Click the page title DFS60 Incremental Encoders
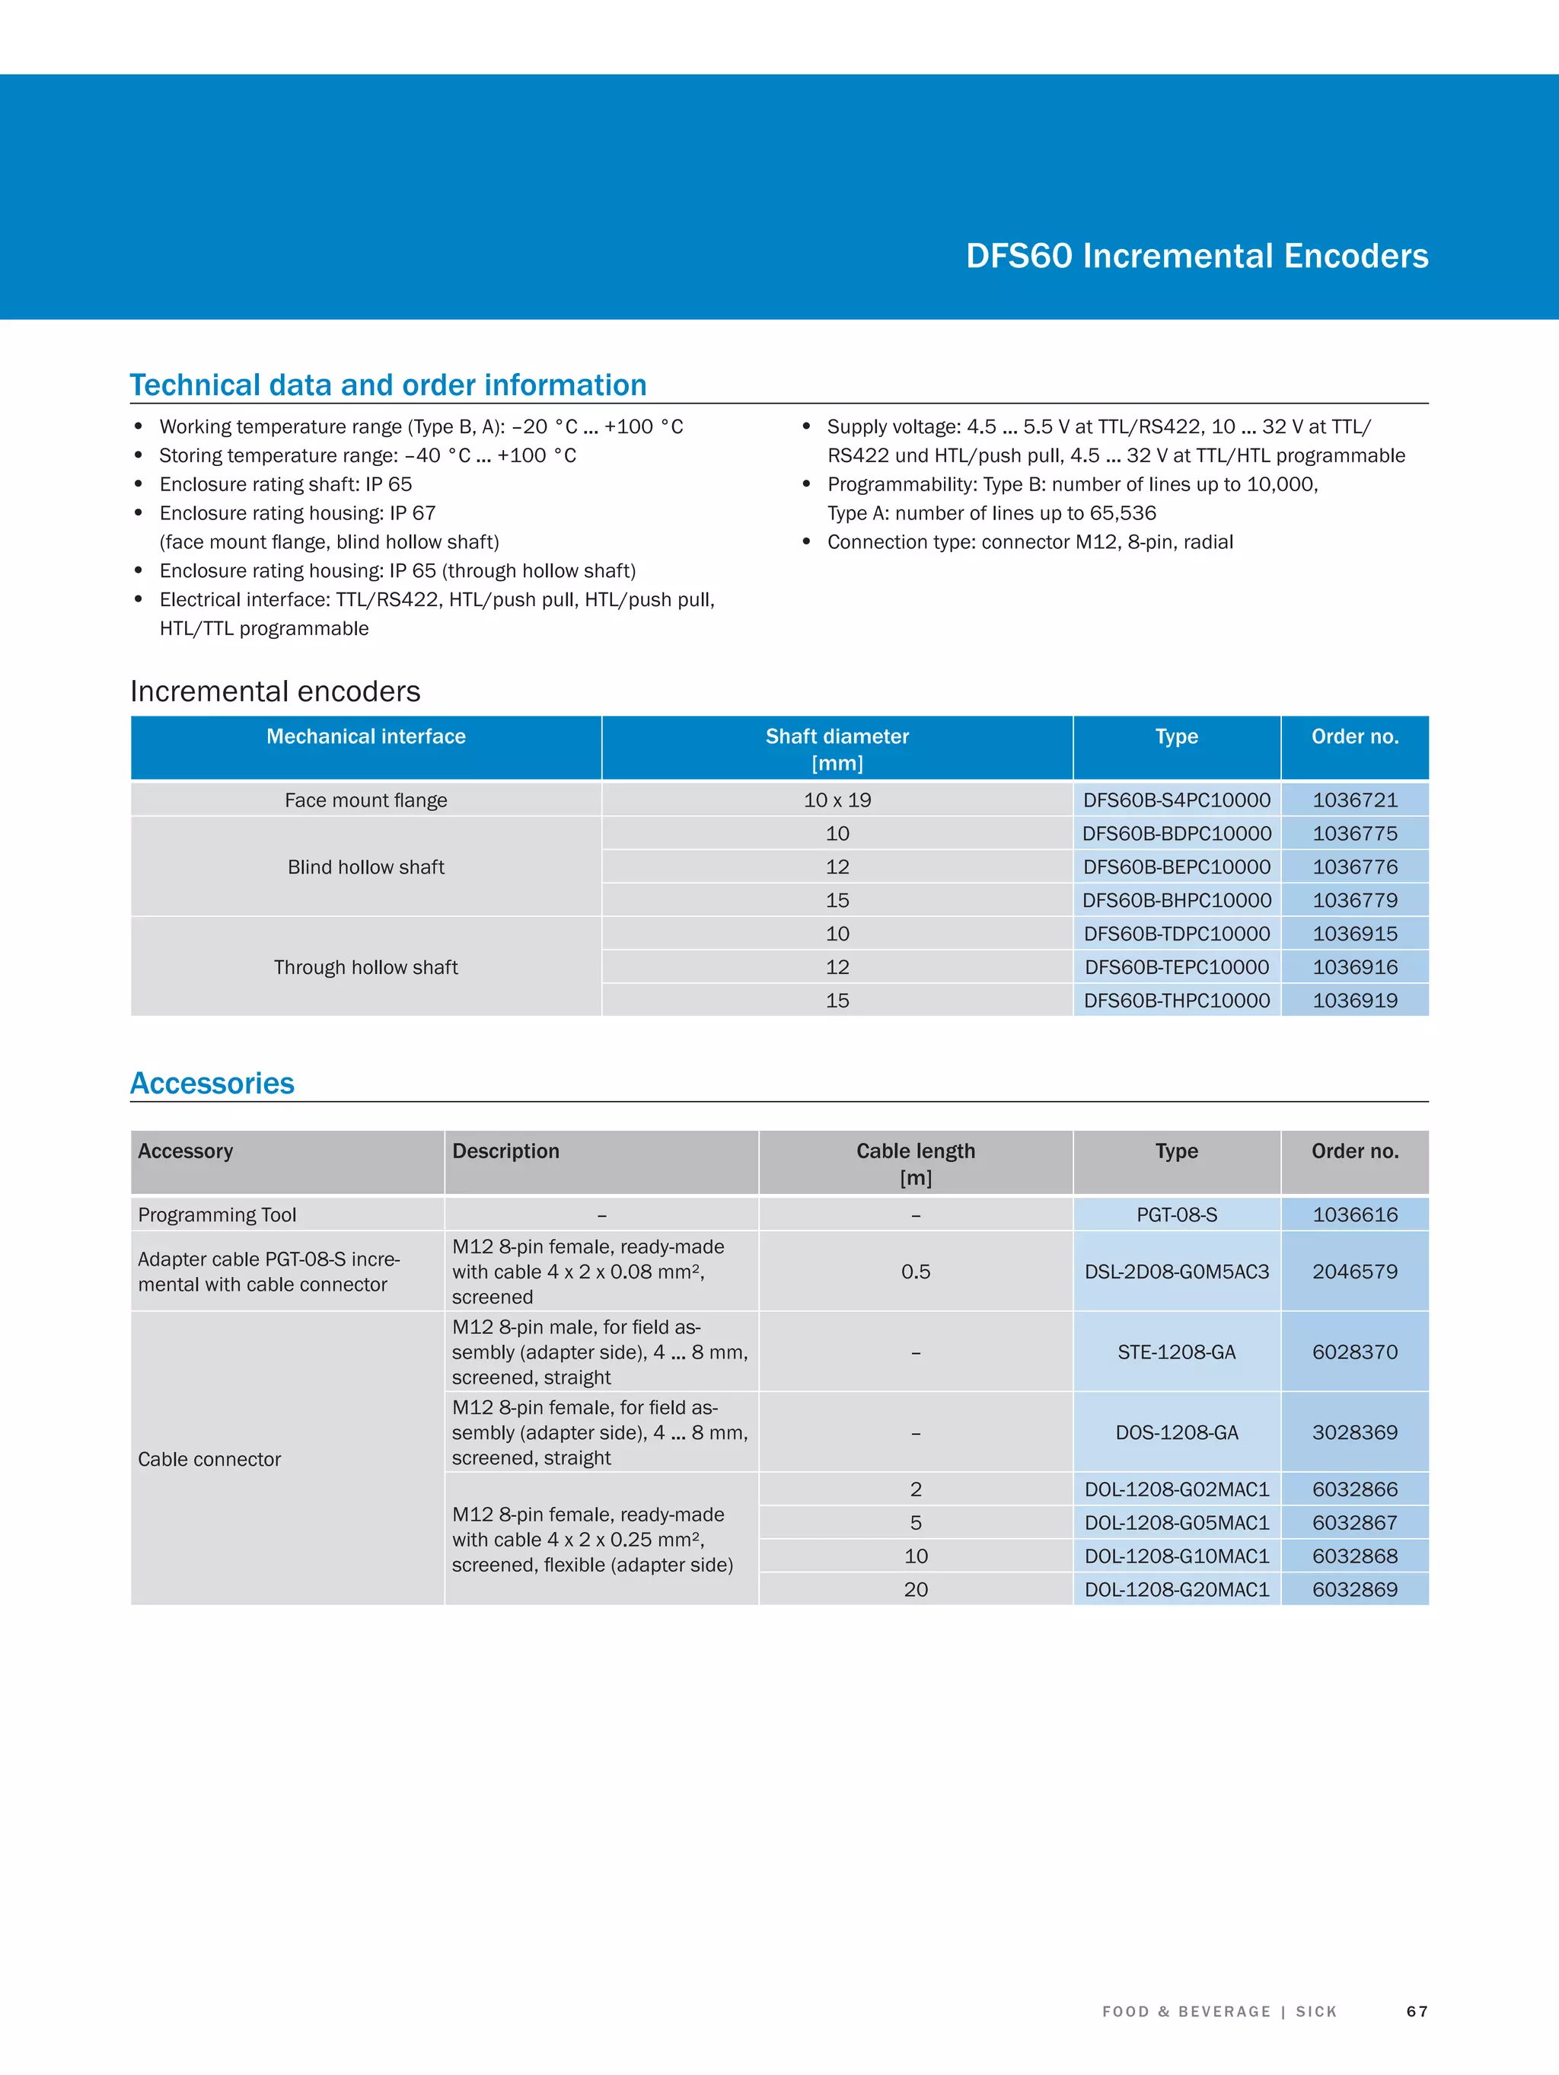1196,256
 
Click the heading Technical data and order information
388,385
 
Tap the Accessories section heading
212,1083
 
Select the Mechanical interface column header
366,736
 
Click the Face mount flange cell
366,800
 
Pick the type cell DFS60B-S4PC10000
1176,800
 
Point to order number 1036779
1354,901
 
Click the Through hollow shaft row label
366,967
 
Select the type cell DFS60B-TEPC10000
1176,967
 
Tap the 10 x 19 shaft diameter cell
837,800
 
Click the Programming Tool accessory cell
217,1215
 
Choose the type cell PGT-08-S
1176,1215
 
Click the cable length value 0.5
916,1272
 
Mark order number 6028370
1354,1352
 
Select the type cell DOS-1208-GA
1176,1432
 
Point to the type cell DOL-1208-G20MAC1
1176,1589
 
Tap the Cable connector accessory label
209,1459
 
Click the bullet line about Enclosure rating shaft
285,484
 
